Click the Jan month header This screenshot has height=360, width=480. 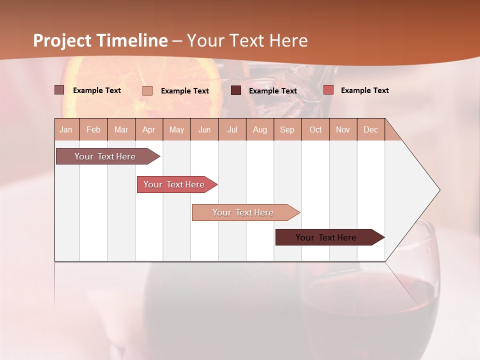point(66,129)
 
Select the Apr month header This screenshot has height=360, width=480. point(149,129)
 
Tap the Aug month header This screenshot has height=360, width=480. point(260,129)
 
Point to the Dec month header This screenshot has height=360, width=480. point(370,129)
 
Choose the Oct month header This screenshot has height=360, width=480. point(315,129)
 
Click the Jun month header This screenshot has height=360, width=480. point(204,129)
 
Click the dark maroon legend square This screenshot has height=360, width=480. point(236,90)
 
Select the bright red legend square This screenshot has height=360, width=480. point(328,90)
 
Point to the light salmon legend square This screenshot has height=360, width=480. point(147,90)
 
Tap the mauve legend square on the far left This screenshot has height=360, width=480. point(59,90)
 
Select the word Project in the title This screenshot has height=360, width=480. point(62,40)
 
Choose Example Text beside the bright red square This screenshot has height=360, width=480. point(364,90)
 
